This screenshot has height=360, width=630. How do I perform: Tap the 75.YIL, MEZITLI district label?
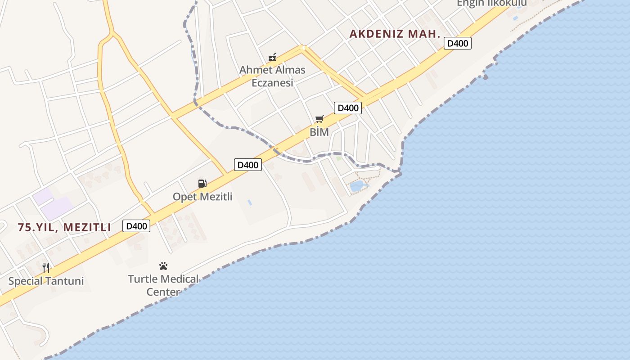click(64, 227)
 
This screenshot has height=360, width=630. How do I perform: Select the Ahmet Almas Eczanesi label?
click(272, 76)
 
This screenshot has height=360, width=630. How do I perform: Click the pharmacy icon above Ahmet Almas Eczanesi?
click(272, 57)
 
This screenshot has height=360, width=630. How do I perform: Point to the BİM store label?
click(319, 132)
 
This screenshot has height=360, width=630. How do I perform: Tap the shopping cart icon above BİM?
click(319, 119)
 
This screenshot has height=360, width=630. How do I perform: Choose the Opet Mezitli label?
click(202, 197)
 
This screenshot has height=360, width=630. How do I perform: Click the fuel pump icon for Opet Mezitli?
click(202, 183)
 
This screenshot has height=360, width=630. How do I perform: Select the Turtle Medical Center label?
click(163, 285)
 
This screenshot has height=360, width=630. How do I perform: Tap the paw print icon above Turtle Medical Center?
click(163, 266)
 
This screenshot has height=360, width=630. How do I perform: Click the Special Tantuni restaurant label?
click(46, 281)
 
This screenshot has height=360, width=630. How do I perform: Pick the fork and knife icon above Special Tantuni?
click(46, 268)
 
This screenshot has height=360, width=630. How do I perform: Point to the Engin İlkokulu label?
click(491, 4)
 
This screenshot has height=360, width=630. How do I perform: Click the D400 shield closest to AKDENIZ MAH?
click(458, 44)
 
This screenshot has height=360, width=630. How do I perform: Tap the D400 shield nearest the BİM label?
click(348, 108)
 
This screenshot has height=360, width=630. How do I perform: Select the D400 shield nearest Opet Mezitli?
click(247, 165)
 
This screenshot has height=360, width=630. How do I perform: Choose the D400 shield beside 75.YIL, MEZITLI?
click(136, 226)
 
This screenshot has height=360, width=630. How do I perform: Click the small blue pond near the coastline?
click(357, 185)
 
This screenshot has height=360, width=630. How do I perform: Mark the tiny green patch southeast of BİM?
click(338, 158)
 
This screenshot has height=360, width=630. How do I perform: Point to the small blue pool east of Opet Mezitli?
click(249, 203)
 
